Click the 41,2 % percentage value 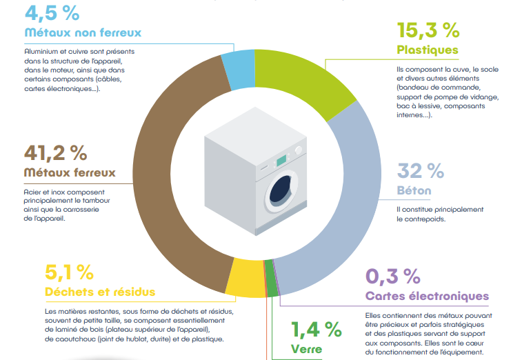[55, 152]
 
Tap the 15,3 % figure [428, 30]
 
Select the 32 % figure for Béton [420, 170]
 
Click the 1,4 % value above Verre [315, 329]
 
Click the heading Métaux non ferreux [83, 32]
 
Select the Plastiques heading [428, 50]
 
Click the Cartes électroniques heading [427, 297]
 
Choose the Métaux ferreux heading [70, 172]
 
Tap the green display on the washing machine [281, 161]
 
